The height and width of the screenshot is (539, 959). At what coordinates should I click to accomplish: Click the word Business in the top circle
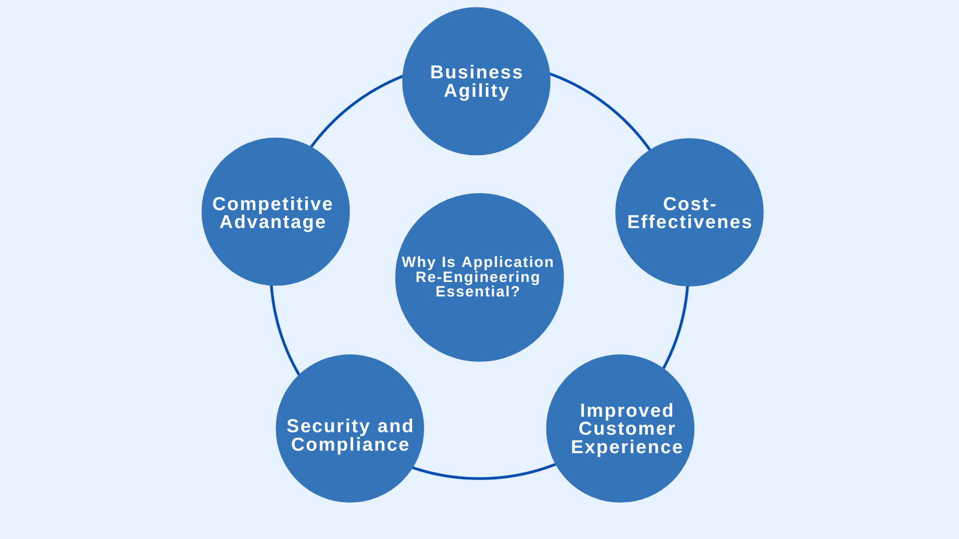click(477, 72)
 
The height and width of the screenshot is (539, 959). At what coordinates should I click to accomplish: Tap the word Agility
click(477, 91)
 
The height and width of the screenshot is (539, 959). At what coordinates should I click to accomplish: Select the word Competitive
click(273, 204)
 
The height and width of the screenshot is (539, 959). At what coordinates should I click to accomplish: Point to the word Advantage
click(273, 222)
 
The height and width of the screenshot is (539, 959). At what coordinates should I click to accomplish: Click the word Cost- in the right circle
click(690, 204)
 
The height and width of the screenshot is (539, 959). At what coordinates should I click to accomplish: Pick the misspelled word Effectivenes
click(690, 222)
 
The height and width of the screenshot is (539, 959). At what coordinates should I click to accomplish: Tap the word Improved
click(627, 411)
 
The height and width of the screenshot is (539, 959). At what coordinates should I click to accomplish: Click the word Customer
click(627, 429)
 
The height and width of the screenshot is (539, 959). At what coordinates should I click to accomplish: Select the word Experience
click(627, 447)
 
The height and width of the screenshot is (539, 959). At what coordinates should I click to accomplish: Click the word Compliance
click(350, 445)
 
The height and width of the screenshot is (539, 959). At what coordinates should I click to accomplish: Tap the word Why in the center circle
click(419, 262)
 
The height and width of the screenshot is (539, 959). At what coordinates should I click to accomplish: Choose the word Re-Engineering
click(478, 277)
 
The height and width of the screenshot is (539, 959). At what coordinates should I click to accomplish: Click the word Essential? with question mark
click(478, 291)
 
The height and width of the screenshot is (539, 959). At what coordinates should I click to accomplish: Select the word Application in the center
click(507, 262)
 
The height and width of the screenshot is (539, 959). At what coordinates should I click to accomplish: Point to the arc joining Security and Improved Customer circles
click(479, 478)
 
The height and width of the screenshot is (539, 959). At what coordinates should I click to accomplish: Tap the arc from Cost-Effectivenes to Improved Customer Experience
click(679, 329)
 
